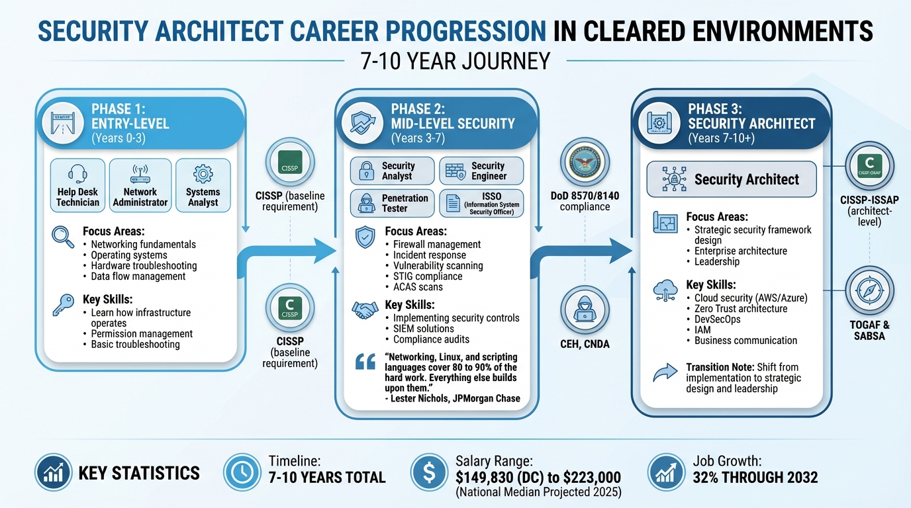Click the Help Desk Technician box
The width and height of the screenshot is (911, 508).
pos(77,185)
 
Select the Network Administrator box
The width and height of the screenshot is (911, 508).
pos(140,185)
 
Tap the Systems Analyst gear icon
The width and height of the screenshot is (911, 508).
pos(203,174)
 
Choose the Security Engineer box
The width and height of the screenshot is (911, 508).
pos(481,171)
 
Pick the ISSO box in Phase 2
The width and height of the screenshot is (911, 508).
pos(481,203)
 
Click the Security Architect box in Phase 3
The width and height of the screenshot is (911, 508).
pos(731,179)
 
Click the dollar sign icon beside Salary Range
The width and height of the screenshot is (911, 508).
pos(428,472)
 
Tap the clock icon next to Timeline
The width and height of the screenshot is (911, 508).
pos(242,472)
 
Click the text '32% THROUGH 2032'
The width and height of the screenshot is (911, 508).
pos(755,477)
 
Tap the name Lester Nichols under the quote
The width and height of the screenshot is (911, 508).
pos(422,398)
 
